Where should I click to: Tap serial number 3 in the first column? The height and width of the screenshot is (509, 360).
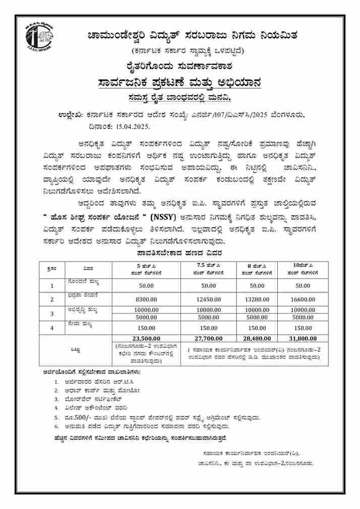pyautogui.click(x=52, y=313)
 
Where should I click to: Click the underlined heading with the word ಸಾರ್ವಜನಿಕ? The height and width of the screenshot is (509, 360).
pyautogui.click(x=179, y=82)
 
